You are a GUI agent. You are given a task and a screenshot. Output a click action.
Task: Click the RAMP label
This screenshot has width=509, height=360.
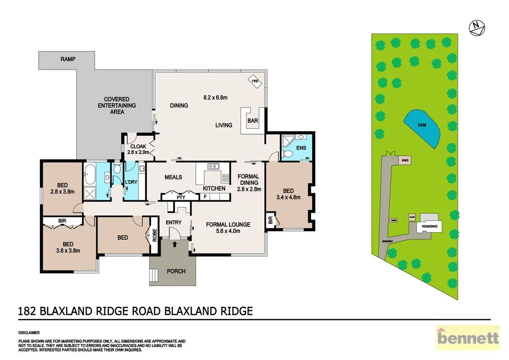point(68,59)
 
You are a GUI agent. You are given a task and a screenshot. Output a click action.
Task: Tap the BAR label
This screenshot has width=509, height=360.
point(253,120)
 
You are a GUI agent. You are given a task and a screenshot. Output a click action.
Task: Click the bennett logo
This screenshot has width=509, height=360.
point(467,339)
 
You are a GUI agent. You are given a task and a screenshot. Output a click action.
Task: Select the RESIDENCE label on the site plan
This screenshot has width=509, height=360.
point(429,226)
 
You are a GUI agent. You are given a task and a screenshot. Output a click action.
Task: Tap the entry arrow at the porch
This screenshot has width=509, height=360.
point(174,244)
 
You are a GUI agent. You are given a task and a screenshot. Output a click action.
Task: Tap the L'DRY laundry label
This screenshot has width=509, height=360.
point(131,182)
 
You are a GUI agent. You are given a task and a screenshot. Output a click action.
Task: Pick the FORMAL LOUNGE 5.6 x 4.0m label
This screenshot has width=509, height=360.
point(228,227)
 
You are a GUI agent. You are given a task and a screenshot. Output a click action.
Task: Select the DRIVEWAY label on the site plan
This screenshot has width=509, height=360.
point(388,241)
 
